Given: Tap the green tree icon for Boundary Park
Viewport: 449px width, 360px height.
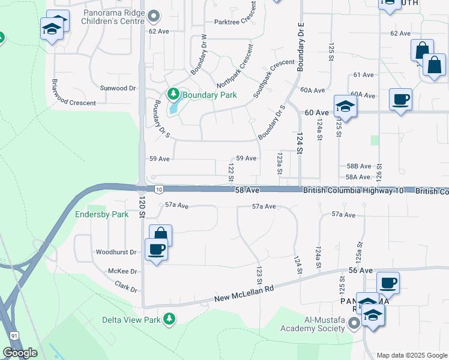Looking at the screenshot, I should click(173, 94).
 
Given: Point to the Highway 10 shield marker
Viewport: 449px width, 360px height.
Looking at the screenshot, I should click(158, 190).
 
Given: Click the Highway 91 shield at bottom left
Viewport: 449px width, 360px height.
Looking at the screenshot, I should click(13, 335).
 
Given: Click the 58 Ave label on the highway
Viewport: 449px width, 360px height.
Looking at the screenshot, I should click(246, 190).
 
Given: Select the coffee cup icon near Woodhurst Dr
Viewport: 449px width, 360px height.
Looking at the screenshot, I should click(157, 249).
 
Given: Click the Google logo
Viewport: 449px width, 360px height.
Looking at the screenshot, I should click(20, 353).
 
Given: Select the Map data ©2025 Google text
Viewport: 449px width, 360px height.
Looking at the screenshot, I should click(412, 355).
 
